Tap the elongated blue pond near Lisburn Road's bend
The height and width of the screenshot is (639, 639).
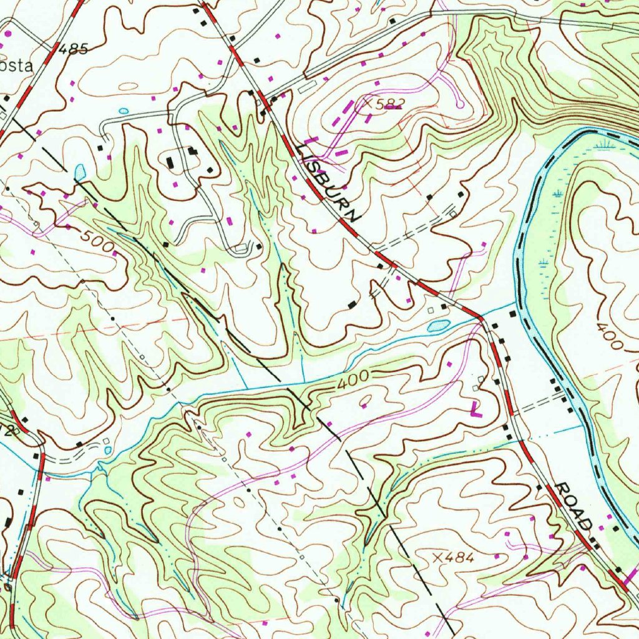(439, 325)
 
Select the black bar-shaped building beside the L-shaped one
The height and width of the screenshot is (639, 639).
(171, 163)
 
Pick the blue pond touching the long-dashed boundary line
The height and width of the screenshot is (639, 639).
(79, 171)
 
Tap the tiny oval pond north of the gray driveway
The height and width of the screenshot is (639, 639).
(124, 111)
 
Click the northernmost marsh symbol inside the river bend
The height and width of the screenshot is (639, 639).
(602, 147)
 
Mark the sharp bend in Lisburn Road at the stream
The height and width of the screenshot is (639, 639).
(481, 318)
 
